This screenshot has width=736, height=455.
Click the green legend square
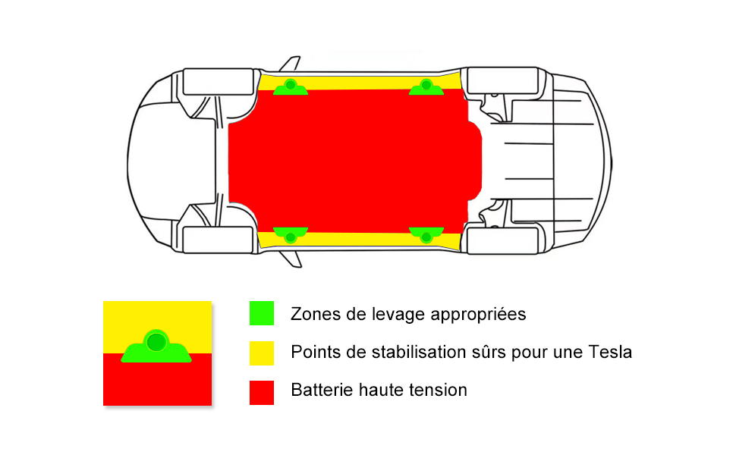point(262,313)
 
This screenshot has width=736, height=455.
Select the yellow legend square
point(262,353)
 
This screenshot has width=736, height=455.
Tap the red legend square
point(262,393)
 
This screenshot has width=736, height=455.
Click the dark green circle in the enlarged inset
point(156,342)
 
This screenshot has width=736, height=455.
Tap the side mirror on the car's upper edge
point(290,64)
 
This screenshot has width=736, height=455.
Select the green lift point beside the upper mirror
point(291,87)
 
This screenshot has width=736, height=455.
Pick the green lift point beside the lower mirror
point(291,234)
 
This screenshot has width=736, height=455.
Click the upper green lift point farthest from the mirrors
point(426,87)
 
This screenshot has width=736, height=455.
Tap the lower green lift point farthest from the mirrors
point(426,234)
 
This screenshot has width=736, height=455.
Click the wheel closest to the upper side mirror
point(219,82)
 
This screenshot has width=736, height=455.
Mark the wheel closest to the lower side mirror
point(219,240)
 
